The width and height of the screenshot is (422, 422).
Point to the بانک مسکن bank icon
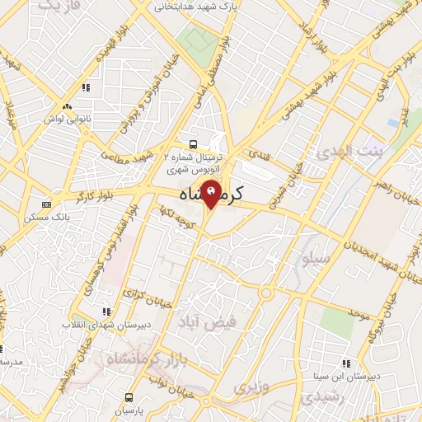tap(45, 205)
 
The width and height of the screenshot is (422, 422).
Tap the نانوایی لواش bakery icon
tap(68, 107)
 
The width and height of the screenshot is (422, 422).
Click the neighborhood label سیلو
tap(316, 258)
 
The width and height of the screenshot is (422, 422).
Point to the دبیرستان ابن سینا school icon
tap(345, 363)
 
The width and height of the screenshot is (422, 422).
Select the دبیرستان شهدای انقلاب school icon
tap(105, 312)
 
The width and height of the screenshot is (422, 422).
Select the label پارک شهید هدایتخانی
tap(191, 7)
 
